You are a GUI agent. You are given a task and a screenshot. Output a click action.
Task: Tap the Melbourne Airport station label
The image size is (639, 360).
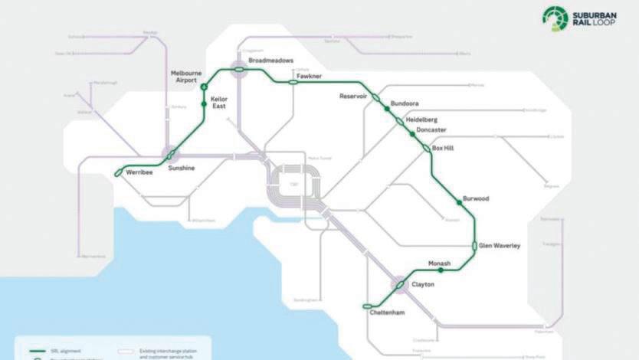click(x=184, y=76)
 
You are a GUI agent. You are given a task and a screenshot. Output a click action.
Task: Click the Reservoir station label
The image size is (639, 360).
click(x=354, y=97)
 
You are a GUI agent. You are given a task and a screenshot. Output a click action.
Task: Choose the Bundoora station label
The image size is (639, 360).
click(x=405, y=103)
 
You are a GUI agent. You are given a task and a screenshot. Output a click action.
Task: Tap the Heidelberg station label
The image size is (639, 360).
click(x=421, y=119)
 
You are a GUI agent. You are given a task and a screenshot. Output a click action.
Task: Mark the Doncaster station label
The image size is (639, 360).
click(x=432, y=130)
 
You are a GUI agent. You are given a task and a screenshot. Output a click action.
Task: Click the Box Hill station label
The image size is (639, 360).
click(x=443, y=148)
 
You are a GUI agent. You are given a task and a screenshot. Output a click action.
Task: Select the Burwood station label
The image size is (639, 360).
click(x=476, y=198)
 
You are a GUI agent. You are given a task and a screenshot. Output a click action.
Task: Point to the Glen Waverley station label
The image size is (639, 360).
click(x=500, y=245)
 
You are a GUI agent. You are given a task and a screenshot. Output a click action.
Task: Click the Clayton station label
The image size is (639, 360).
click(x=423, y=284)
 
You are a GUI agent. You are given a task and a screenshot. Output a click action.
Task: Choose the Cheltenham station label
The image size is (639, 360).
click(x=385, y=313)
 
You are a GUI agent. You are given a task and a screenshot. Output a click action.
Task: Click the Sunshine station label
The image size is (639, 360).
click(x=182, y=167)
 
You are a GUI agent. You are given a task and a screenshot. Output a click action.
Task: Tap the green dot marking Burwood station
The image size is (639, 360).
click(x=459, y=201)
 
